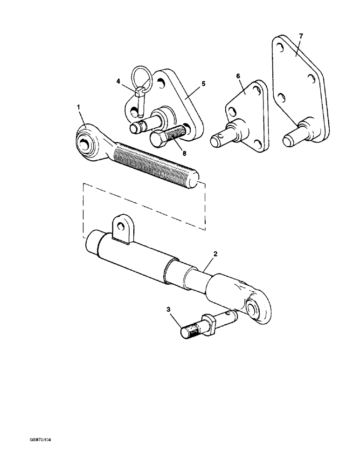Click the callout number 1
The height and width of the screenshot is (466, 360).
point(79,107)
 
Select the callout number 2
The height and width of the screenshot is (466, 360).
point(215,254)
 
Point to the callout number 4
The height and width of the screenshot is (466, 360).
point(118,81)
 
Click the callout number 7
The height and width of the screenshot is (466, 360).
point(301,36)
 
